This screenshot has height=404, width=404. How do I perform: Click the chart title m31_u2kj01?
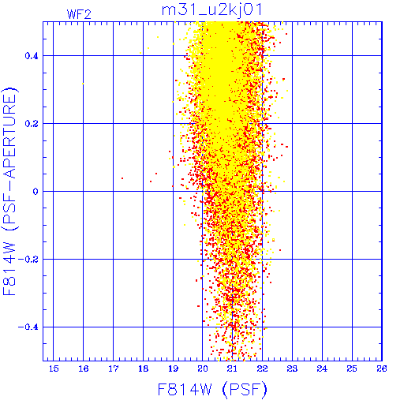(212, 10)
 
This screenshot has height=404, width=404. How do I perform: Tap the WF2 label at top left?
(79, 14)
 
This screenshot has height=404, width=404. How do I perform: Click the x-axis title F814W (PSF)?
(212, 390)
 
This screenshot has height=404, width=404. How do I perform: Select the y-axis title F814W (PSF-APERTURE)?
(9, 191)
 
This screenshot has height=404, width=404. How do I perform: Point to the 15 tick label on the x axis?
(54, 368)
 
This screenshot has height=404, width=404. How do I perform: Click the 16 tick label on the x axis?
(84, 368)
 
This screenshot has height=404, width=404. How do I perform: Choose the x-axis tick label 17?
(114, 368)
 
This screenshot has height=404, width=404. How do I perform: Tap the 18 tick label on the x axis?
(144, 368)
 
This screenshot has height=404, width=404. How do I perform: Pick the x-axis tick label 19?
(173, 368)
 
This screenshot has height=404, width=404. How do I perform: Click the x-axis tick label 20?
(203, 368)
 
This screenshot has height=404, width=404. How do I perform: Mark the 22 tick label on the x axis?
(263, 368)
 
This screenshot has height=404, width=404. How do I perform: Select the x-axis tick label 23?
(292, 368)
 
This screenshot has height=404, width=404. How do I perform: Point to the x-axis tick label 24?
(322, 368)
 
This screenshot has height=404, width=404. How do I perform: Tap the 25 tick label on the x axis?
(352, 368)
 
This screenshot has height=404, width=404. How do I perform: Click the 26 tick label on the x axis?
(382, 368)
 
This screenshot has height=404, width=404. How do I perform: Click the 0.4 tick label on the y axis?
(32, 56)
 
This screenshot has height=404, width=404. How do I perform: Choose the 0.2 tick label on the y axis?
(32, 124)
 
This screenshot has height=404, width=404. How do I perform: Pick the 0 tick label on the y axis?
(36, 192)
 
